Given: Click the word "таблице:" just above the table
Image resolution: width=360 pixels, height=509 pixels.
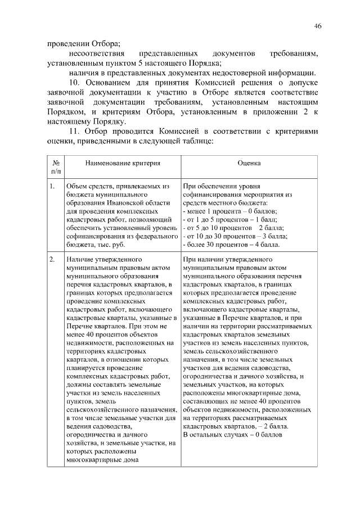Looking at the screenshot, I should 196,141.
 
